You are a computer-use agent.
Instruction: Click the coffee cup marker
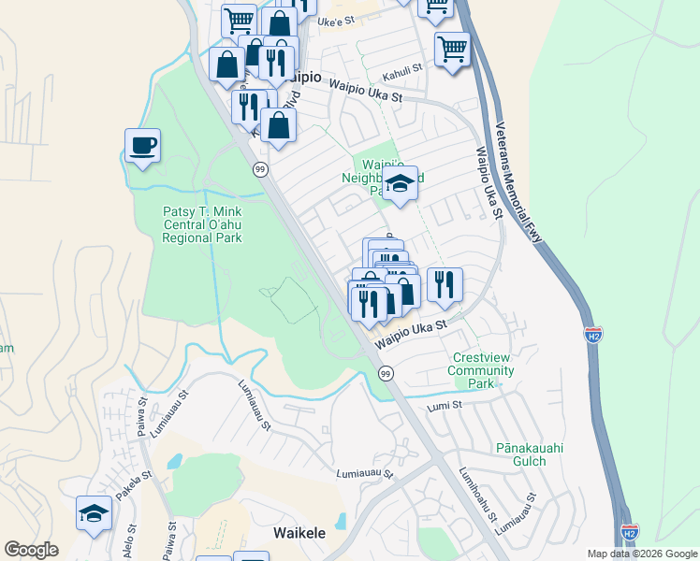(x=142, y=147)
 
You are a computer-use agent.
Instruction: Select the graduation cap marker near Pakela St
(x=94, y=513)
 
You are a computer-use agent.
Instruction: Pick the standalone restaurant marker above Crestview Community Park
(x=445, y=284)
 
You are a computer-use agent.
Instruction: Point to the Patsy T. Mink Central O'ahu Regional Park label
(x=202, y=224)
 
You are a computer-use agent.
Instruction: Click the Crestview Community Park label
(x=483, y=370)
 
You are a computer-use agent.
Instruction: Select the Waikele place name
(x=299, y=533)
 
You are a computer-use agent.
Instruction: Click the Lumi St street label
(x=445, y=405)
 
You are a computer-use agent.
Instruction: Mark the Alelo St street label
(x=127, y=541)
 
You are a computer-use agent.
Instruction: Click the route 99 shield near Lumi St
(x=385, y=373)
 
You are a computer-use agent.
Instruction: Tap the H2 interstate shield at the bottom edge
(x=630, y=531)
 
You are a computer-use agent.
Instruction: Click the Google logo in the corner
(x=31, y=550)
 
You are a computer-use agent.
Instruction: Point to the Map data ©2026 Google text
(x=641, y=554)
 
